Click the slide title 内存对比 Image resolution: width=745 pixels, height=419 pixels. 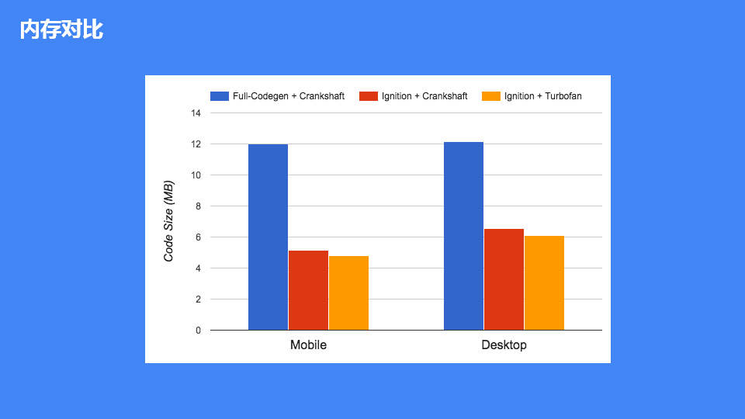61,30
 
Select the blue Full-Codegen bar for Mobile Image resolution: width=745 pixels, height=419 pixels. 268,237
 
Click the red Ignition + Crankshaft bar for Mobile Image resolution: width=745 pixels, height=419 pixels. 308,290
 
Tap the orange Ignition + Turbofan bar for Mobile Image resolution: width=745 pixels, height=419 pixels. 348,293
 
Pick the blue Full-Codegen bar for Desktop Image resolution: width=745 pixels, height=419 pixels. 463,236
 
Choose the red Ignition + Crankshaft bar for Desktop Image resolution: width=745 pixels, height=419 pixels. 504,279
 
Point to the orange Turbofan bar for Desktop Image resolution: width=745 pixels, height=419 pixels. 544,282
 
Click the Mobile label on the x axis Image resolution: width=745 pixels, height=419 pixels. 308,345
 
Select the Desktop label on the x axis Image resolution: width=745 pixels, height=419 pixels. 504,345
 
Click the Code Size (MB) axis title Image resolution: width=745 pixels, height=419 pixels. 168,221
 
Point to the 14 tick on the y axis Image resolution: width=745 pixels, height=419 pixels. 196,113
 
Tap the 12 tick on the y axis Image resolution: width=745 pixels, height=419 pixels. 196,144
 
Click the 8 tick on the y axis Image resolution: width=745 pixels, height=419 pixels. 198,206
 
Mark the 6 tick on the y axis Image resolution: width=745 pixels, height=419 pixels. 198,237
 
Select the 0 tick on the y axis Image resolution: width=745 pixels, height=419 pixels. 198,331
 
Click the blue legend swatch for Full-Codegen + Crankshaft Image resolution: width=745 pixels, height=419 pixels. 220,96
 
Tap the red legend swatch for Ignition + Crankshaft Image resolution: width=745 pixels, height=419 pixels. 369,96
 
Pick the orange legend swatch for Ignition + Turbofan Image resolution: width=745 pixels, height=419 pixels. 491,96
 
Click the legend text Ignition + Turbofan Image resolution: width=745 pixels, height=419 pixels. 542,96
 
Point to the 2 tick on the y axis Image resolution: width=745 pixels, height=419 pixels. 198,300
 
